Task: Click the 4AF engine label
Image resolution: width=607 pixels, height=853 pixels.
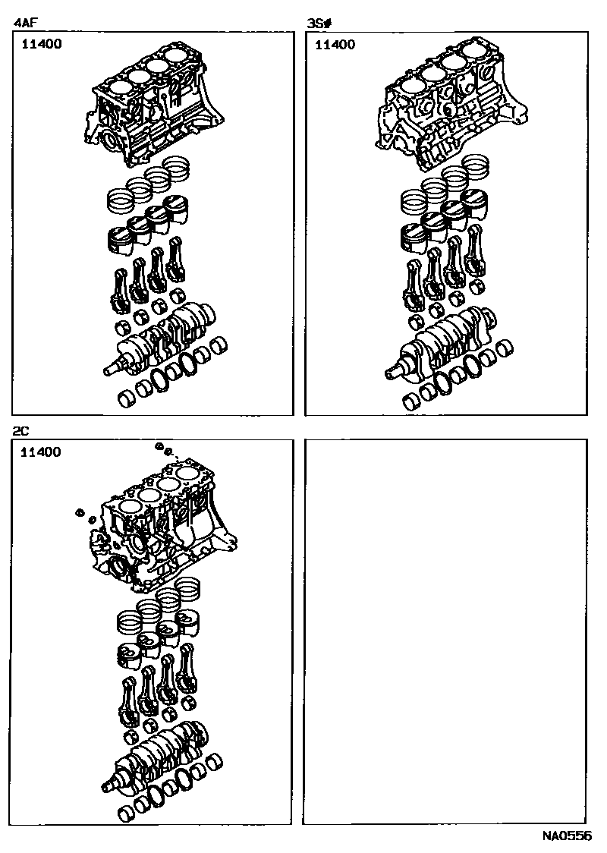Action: pos(26,24)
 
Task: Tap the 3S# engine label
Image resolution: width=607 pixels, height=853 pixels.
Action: pos(319,24)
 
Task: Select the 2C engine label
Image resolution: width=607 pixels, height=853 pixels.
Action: pos(20,431)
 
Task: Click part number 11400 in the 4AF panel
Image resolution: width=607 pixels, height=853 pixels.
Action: pos(41,44)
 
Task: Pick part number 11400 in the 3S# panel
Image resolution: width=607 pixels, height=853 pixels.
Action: pos(334,44)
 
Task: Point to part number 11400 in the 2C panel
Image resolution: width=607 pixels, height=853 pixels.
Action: pos(41,452)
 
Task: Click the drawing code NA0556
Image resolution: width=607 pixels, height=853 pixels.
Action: pos(566,836)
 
